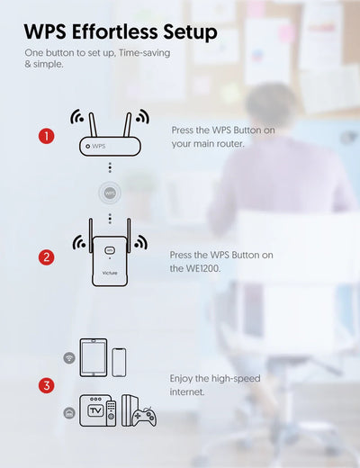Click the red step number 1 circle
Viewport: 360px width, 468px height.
[47, 136]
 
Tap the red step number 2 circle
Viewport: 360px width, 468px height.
[47, 257]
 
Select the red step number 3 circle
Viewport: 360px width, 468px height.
[47, 385]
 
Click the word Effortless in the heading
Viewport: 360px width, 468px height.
[114, 31]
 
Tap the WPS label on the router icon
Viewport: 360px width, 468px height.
[99, 146]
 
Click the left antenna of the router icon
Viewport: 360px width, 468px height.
[93, 124]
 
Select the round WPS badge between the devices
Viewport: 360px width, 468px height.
[110, 193]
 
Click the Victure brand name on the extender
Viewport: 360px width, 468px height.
[110, 273]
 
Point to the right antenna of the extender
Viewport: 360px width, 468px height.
[129, 236]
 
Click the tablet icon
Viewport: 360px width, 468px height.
[94, 357]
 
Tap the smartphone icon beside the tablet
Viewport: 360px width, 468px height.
[119, 363]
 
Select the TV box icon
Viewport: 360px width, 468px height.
[94, 410]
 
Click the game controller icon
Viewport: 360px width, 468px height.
[145, 417]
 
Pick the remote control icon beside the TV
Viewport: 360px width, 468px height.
[112, 413]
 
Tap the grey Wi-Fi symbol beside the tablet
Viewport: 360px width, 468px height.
[69, 357]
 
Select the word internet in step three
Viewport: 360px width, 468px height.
[187, 391]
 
